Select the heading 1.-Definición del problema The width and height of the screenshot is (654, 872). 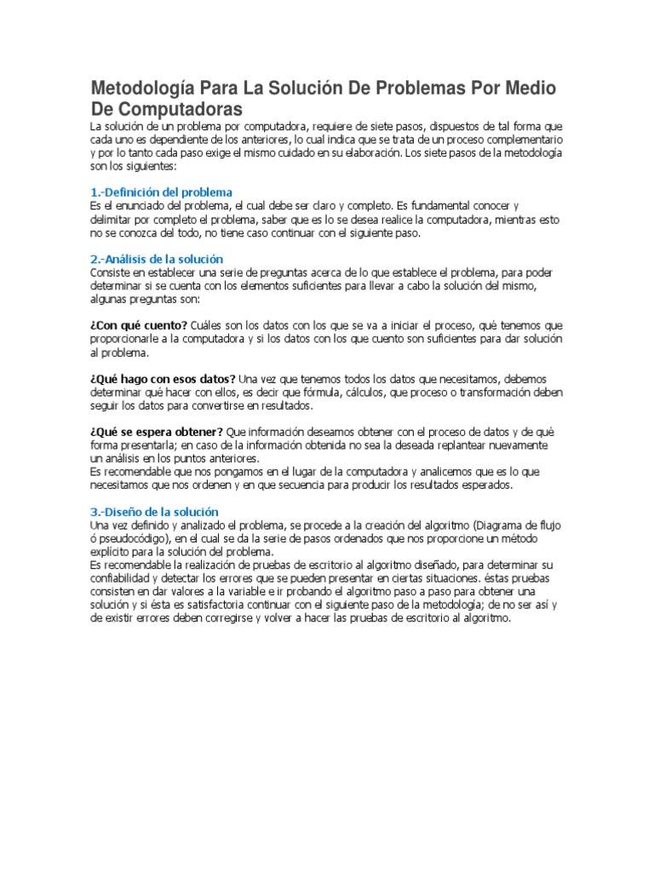pos(161,192)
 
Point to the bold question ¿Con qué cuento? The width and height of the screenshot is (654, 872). pos(139,325)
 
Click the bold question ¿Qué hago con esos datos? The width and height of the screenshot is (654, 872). pos(163,378)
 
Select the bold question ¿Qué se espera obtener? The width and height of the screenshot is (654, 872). pos(157,432)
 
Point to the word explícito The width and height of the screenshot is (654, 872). pos(112,552)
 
